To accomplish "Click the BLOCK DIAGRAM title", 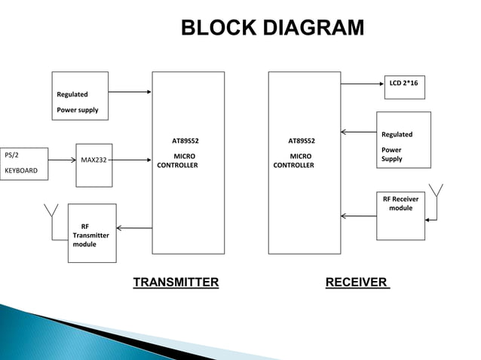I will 272,29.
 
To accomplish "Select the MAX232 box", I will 93,160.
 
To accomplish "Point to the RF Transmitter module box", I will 92,233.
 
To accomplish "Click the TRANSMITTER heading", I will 176,282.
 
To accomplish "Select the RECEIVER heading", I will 357,282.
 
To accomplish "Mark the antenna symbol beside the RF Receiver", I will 435,192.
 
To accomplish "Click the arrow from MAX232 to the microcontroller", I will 132,160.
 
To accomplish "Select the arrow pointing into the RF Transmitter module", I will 134,228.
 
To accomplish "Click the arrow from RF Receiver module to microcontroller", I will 358,216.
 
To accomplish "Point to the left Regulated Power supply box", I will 80,96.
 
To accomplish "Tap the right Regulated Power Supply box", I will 403,139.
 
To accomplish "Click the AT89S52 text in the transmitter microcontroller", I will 185,140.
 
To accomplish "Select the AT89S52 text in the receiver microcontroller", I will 302,140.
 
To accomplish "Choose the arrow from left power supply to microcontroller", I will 130,93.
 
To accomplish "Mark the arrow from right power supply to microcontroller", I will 358,133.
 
